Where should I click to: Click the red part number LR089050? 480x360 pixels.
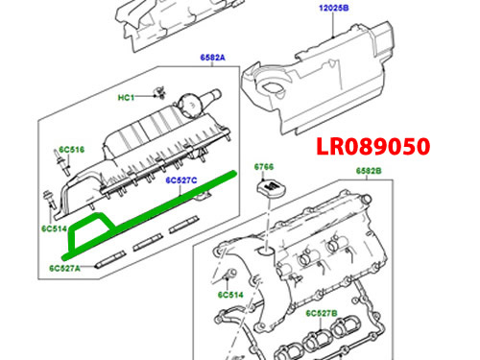373,147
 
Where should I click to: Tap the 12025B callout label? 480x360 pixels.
334,8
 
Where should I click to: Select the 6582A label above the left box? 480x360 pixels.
213,58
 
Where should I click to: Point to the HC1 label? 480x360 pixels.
126,97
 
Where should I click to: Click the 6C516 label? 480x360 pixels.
72,150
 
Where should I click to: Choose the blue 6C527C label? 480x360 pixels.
181,180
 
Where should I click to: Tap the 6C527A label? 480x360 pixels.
64,268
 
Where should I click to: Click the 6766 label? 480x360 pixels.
264,167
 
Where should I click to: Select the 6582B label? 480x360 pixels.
369,171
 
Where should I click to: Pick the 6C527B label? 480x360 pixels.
322,313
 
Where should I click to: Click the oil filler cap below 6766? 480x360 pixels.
271,188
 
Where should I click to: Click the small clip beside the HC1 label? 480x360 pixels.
160,92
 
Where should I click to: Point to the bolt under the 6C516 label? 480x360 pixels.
63,163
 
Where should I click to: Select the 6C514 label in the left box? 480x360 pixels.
54,228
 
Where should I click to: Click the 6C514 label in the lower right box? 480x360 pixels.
230,295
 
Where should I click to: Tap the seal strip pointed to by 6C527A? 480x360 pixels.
110,259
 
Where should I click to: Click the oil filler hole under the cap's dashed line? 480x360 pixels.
265,251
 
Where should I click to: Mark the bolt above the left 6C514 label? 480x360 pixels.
49,200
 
